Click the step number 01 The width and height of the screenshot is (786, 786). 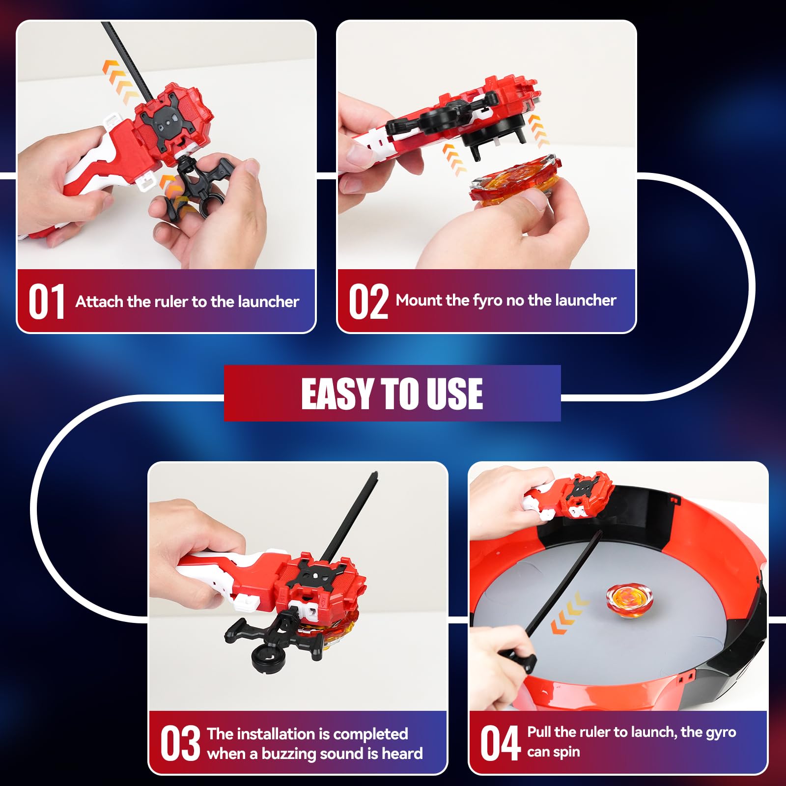pos(46,302)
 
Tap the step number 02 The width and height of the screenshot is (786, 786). pos(368,302)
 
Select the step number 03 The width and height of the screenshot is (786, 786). pos(180,743)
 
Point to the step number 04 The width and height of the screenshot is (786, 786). pos(500,743)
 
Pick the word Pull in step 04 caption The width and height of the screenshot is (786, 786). pos(539,732)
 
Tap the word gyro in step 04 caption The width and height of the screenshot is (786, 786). pos(720,732)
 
